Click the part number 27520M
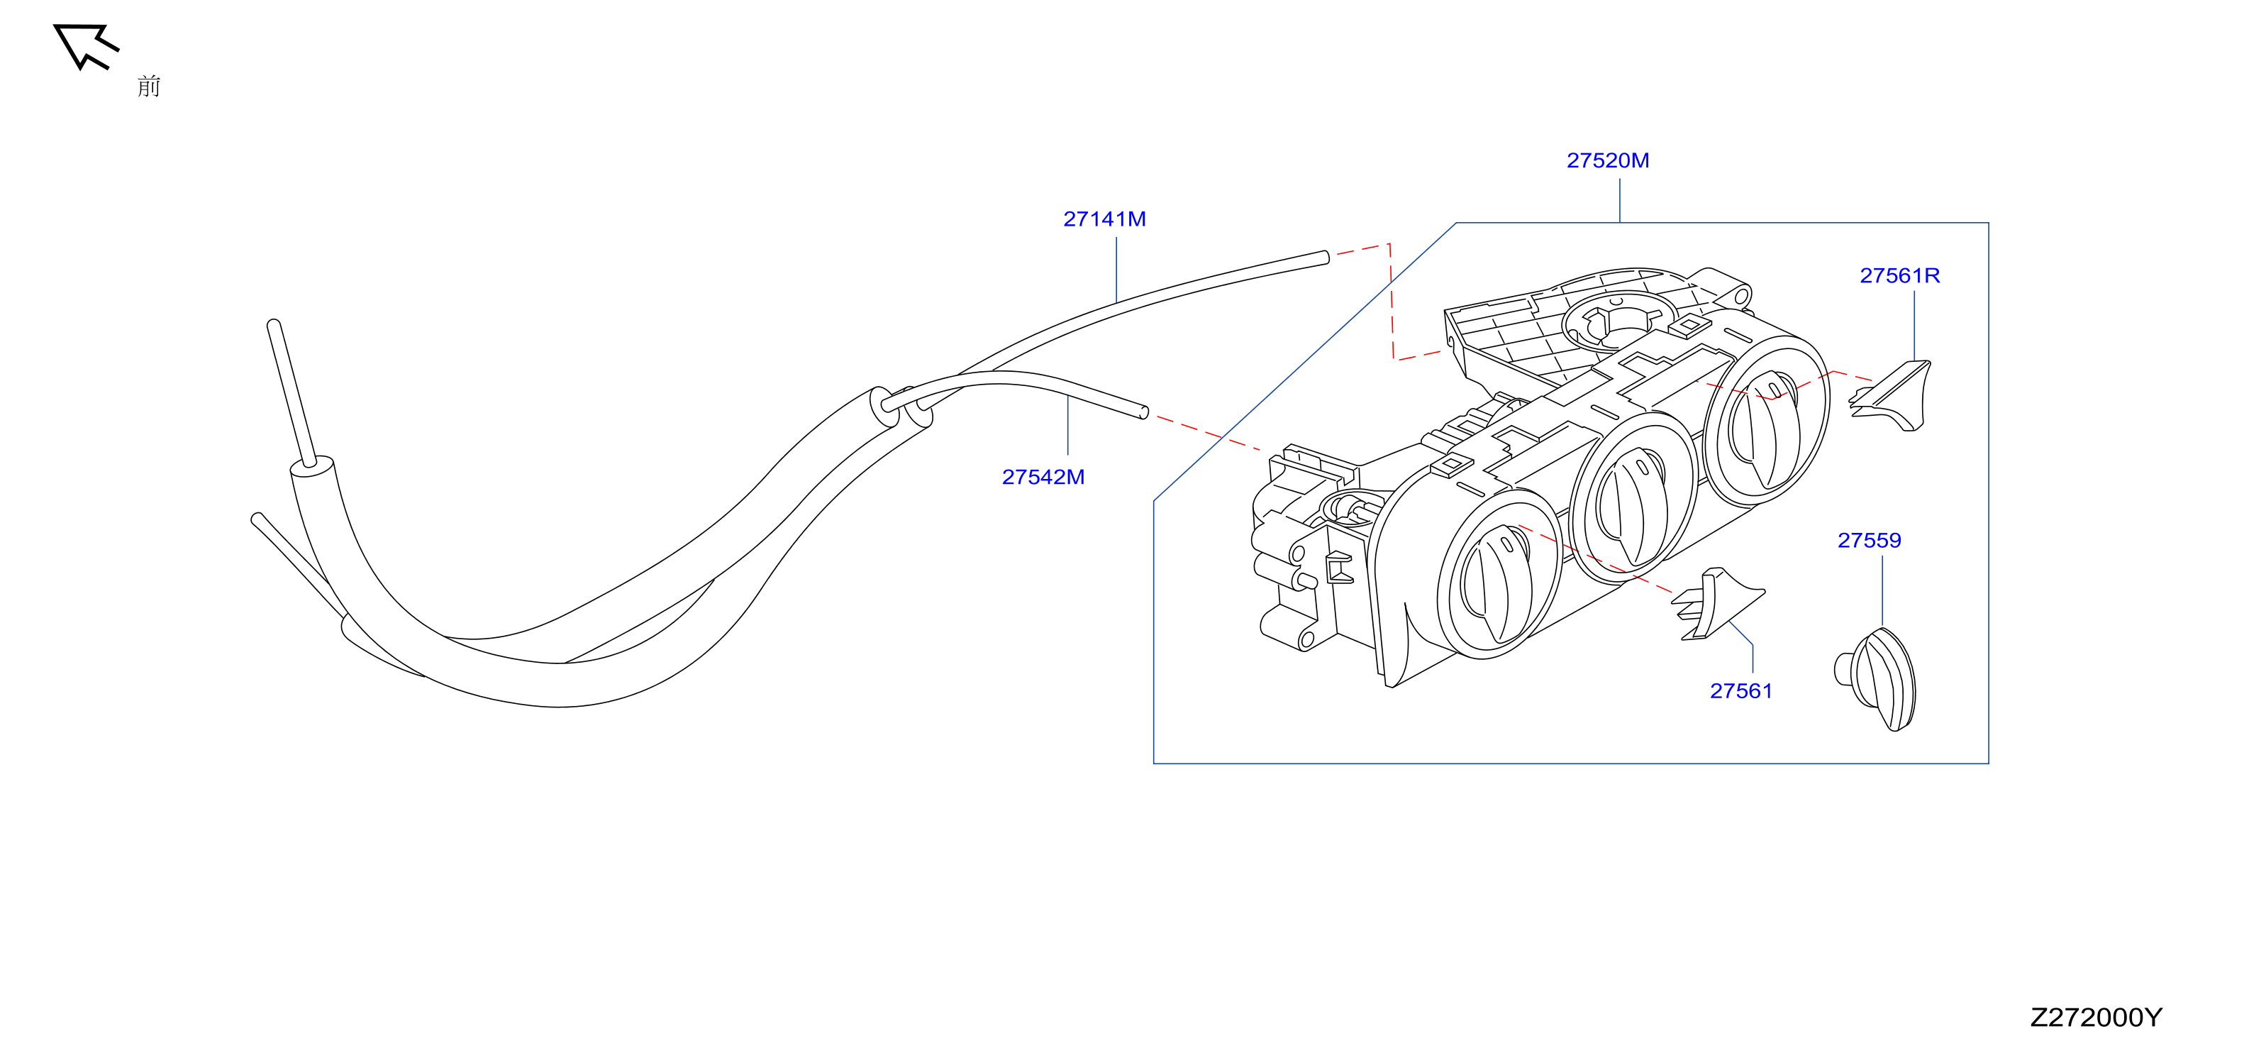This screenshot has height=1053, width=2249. coord(1607,160)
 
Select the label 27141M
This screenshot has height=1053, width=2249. coord(1104,219)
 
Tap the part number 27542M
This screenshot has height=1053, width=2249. coord(1043,477)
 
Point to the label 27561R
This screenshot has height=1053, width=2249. coord(1900,276)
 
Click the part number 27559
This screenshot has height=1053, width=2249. coord(1870,541)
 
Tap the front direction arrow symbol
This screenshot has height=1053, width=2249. coord(84,45)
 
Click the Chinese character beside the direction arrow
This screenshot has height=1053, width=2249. coord(149,86)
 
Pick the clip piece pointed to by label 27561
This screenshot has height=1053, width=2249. coord(1716,605)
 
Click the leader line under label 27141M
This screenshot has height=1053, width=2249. coord(1116,270)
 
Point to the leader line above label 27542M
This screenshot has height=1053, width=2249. coord(1067,425)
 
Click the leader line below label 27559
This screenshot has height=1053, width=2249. coord(1882,591)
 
